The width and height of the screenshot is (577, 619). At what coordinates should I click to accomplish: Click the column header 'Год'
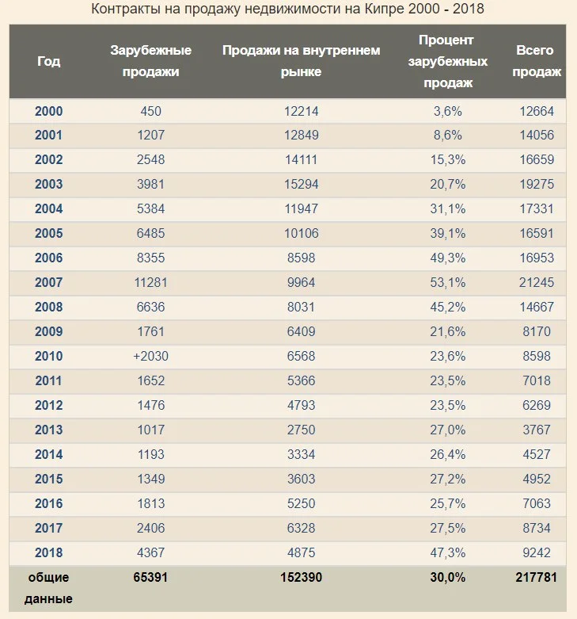click(48, 61)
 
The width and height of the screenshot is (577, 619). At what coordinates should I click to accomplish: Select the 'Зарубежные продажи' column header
click(150, 61)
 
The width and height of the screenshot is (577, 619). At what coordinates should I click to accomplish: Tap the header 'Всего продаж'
click(537, 61)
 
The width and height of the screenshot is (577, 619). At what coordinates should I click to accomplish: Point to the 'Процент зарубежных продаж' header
click(447, 61)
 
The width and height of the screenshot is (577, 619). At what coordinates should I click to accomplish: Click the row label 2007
click(48, 283)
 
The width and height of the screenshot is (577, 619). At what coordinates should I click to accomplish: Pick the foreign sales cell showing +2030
click(150, 356)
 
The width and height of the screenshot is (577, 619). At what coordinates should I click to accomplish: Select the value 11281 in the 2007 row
click(150, 283)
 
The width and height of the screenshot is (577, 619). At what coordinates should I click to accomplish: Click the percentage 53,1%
click(447, 283)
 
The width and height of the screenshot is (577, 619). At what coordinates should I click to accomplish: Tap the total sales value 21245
click(537, 283)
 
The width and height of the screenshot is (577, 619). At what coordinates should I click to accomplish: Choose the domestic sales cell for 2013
click(301, 430)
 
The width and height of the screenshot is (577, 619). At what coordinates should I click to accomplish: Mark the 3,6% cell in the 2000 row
click(447, 111)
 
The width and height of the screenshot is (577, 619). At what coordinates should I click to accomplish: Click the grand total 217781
click(537, 578)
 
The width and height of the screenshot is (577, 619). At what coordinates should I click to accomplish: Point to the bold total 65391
click(150, 578)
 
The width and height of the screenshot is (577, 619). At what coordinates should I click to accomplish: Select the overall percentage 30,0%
click(447, 578)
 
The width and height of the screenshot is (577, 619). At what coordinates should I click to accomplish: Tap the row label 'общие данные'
click(48, 588)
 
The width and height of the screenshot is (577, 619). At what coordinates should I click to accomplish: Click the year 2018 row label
click(48, 552)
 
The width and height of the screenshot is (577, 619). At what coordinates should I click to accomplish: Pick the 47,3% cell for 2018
click(447, 552)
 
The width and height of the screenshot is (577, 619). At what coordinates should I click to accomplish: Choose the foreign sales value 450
click(150, 111)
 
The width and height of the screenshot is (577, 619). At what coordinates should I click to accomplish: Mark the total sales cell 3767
click(537, 430)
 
